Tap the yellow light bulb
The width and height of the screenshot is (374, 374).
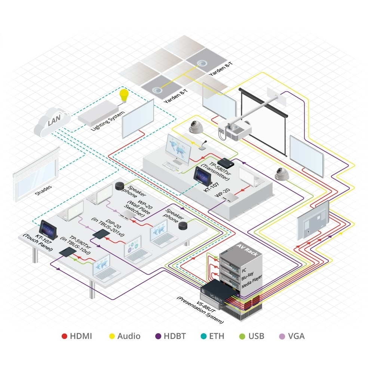click(x=123, y=96)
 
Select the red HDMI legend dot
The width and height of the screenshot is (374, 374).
click(x=64, y=336)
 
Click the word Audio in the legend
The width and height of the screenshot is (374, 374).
click(x=129, y=336)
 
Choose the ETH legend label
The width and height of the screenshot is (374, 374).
click(x=217, y=336)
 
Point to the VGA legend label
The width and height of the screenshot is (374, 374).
click(x=296, y=336)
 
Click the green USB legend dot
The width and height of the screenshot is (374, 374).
click(x=241, y=336)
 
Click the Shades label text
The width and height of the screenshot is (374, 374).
click(x=43, y=191)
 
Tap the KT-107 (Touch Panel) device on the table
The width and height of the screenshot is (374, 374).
click(x=48, y=229)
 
